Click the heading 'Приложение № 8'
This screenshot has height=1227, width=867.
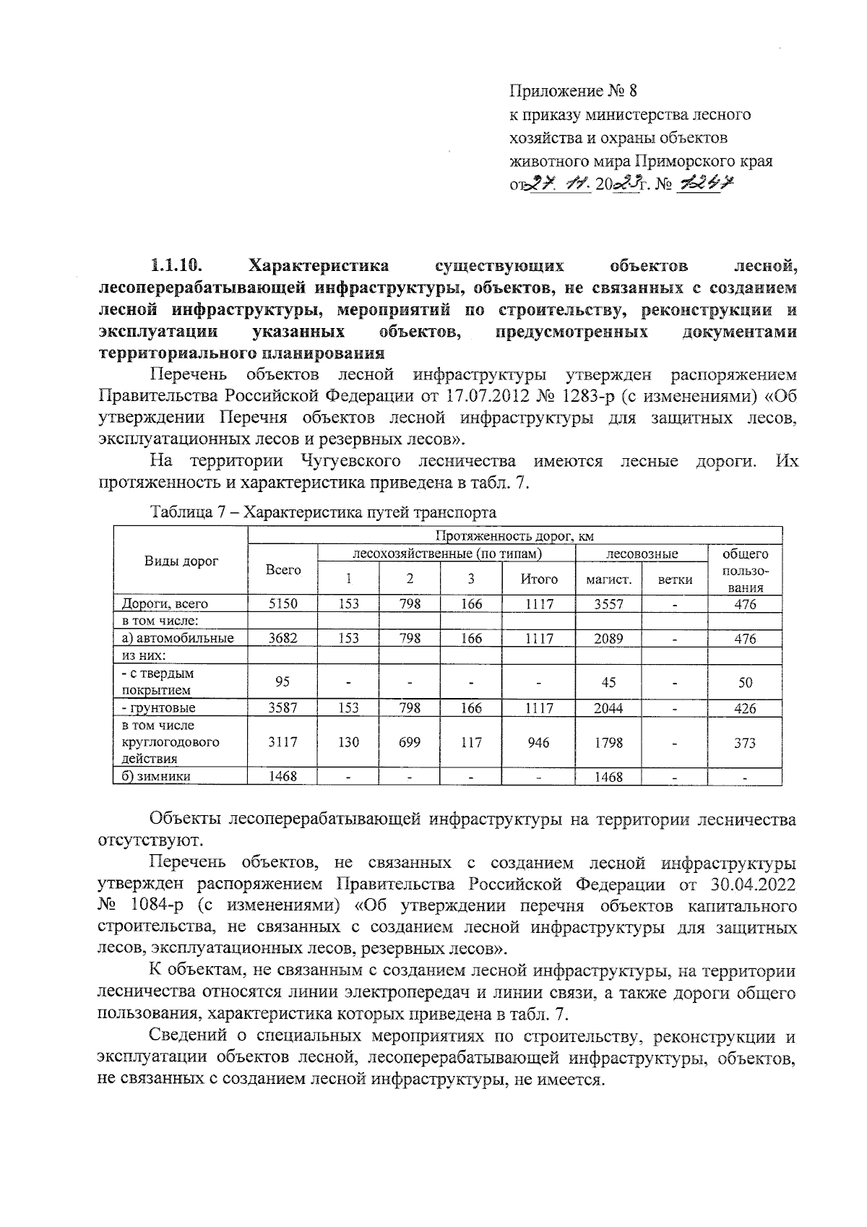click(574, 92)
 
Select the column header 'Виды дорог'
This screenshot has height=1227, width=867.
click(181, 561)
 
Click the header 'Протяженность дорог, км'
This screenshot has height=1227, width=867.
click(514, 536)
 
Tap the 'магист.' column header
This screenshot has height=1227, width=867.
click(604, 579)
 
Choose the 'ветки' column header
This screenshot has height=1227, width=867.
click(676, 579)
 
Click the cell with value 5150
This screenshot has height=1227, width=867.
click(282, 604)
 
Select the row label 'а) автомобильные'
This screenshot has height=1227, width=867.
click(177, 638)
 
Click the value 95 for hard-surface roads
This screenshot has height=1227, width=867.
click(282, 682)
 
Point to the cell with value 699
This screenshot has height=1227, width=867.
click(410, 743)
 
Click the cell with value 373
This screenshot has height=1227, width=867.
click(745, 743)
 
